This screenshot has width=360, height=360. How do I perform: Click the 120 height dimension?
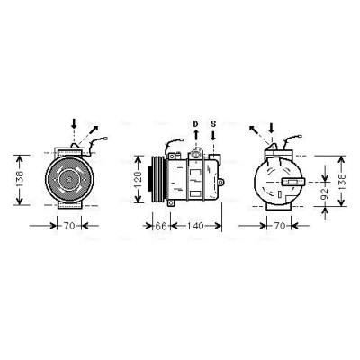138,179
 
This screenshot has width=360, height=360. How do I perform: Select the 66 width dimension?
161,226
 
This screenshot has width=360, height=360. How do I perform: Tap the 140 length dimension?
196,226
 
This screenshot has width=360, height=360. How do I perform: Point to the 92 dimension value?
325,194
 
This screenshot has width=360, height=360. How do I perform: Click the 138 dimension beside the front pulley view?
19,179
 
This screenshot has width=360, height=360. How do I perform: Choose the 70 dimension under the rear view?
280,226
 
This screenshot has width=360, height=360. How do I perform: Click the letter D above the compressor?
195,123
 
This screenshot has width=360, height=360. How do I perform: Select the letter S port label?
213,123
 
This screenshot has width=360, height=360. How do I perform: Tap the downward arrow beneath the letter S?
213,135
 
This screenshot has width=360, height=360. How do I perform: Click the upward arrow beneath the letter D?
195,135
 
